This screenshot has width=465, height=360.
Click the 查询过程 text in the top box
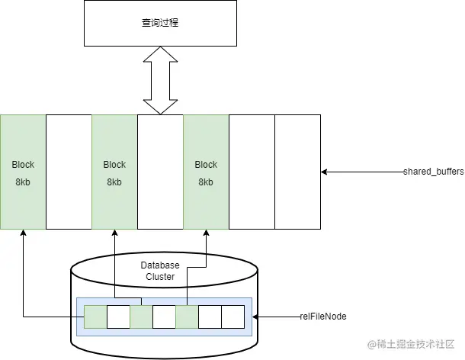click(160, 23)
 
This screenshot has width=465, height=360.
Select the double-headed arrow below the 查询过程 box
click(160, 80)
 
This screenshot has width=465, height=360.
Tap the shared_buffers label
click(433, 172)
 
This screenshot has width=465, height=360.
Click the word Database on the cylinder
click(159, 265)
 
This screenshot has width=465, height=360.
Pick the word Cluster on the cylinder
click(159, 277)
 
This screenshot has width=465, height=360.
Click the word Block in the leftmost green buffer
click(23, 165)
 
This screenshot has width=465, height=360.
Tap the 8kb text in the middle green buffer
click(114, 183)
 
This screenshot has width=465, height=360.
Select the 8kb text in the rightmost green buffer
click(206, 183)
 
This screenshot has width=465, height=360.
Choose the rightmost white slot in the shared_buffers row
click(297, 172)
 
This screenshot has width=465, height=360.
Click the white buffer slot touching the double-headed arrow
click(160, 172)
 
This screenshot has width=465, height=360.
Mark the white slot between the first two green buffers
click(69, 172)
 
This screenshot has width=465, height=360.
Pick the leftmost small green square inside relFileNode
click(95, 317)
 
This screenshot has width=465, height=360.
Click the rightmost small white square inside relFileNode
click(232, 317)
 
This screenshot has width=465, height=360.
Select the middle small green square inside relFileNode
click(141, 317)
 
